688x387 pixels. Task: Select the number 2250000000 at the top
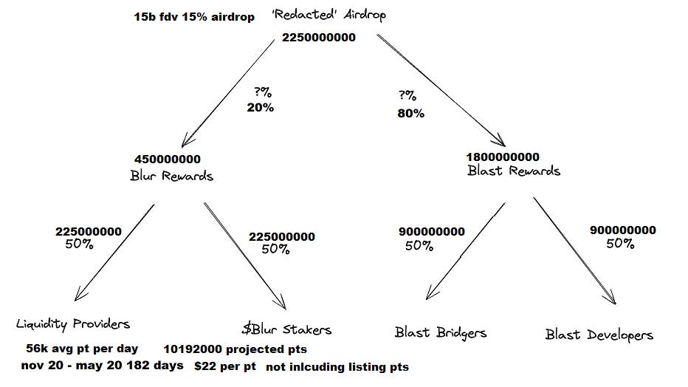pyautogui.click(x=319, y=38)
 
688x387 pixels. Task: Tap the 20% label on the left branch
pyautogui.click(x=260, y=107)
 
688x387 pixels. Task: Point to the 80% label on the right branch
pyautogui.click(x=410, y=113)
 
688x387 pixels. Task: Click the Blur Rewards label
pyautogui.click(x=171, y=176)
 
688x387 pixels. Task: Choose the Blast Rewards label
pyautogui.click(x=514, y=171)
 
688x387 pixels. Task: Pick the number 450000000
pyautogui.click(x=168, y=160)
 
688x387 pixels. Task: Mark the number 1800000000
pyautogui.click(x=503, y=157)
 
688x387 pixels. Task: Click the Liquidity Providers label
pyautogui.click(x=73, y=323)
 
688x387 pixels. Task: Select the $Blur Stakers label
pyautogui.click(x=286, y=329)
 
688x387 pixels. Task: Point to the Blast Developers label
pyautogui.click(x=599, y=335)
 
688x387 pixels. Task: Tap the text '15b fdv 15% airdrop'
pyautogui.click(x=194, y=16)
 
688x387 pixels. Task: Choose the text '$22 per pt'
pyautogui.click(x=225, y=366)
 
